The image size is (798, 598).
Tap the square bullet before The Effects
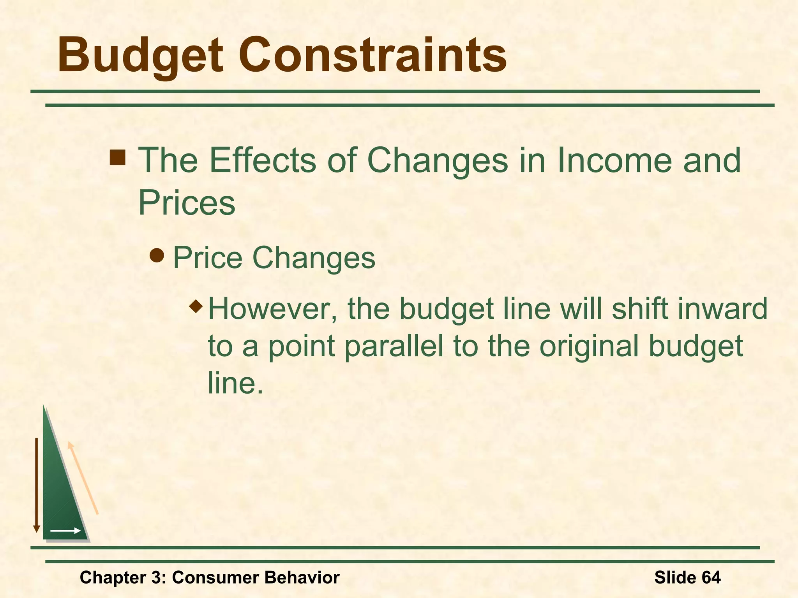118,158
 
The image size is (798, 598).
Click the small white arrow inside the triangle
65,531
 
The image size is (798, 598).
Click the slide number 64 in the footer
711,577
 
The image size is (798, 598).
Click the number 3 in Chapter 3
156,577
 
